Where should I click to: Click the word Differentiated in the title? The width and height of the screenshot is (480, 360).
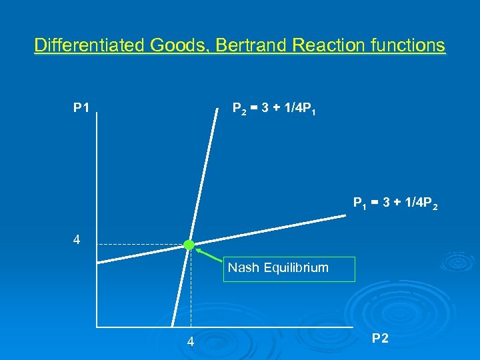tap(90, 45)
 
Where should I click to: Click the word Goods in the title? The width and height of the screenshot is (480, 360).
tap(175, 45)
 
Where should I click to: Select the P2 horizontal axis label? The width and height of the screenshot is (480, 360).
tap(381, 339)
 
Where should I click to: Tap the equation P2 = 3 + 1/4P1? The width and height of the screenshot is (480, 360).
tap(273, 109)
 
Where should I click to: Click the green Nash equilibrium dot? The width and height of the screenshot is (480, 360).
tap(189, 245)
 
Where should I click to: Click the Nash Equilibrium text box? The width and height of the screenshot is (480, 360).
tap(289, 269)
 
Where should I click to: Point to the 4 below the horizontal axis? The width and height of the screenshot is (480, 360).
tap(191, 343)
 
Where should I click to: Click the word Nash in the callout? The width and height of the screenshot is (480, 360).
tap(243, 268)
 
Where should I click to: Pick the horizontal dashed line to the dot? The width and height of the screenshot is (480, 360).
tap(140, 245)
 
